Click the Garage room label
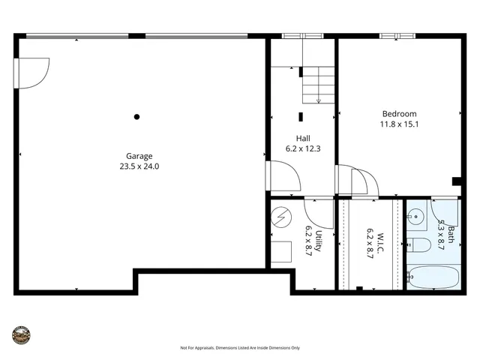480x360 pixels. coord(139,156)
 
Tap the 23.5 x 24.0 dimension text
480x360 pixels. coord(139,166)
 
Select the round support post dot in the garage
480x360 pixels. coord(136,116)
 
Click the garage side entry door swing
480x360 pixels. coord(34,73)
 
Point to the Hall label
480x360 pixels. coord(303,138)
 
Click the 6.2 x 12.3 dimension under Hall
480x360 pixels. coord(303,148)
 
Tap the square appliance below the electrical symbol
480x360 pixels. coord(281,251)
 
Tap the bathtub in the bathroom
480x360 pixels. coord(432,277)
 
